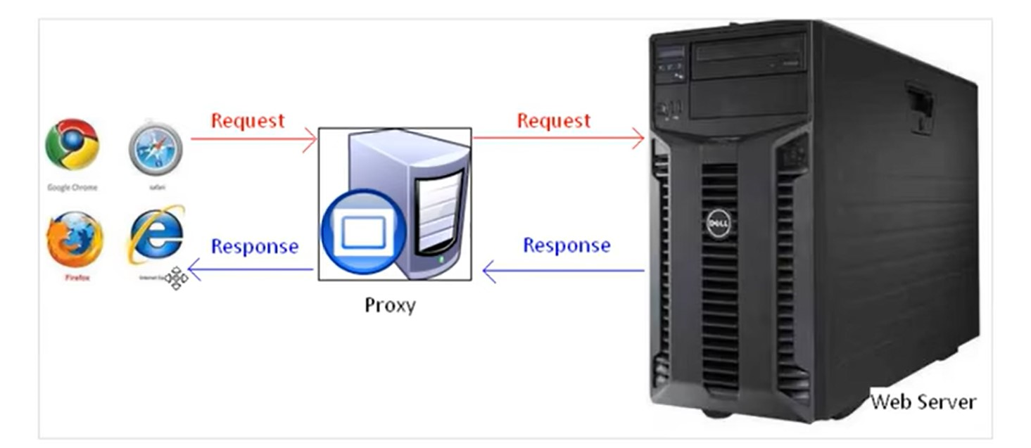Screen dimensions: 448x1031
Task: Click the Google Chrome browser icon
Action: click(x=72, y=145)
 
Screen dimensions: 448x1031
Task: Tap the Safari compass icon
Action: click(x=156, y=148)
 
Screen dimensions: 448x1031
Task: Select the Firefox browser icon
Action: click(x=75, y=240)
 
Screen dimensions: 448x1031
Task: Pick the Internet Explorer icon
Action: click(x=156, y=235)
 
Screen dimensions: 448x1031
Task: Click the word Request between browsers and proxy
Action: click(x=248, y=120)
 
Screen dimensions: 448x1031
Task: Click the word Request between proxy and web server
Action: click(x=553, y=120)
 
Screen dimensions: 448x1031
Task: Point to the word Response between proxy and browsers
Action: click(x=254, y=246)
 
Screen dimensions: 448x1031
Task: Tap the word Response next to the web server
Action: click(x=567, y=245)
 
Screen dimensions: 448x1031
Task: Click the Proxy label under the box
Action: click(x=390, y=305)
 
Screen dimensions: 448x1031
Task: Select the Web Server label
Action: click(x=923, y=402)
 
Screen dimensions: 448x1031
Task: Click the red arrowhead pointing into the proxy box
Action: click(x=310, y=139)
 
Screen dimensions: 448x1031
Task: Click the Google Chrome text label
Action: click(x=72, y=188)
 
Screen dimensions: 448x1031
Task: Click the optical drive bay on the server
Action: click(x=748, y=56)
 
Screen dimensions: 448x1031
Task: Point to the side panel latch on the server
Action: click(x=921, y=108)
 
